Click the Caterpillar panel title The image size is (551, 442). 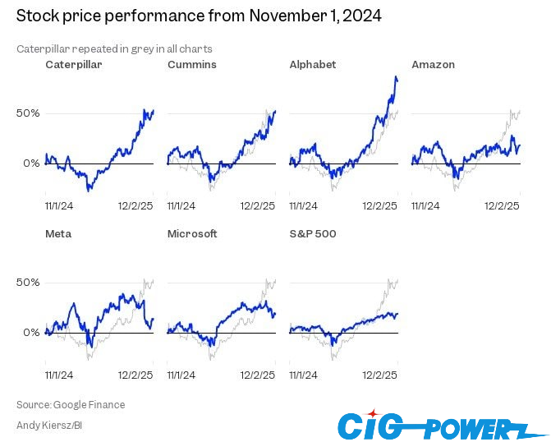tap(74, 64)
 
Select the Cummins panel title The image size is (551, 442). tap(191, 64)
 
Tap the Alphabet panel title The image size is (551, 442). tap(313, 64)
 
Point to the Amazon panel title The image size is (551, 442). tap(433, 64)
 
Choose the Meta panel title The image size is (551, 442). tap(58, 233)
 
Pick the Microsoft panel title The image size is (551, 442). tap(192, 233)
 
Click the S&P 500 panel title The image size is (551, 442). tap(313, 233)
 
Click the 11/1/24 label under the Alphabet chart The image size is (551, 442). tap(304, 205)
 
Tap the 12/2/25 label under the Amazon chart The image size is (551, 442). tap(502, 205)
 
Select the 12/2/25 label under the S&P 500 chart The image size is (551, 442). tap(380, 375)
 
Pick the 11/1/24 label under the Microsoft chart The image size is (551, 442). tap(181, 375)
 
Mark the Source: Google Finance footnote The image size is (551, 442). tap(71, 404)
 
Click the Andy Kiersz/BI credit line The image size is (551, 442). tap(49, 425)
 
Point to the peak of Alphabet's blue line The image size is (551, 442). tap(396, 77)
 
